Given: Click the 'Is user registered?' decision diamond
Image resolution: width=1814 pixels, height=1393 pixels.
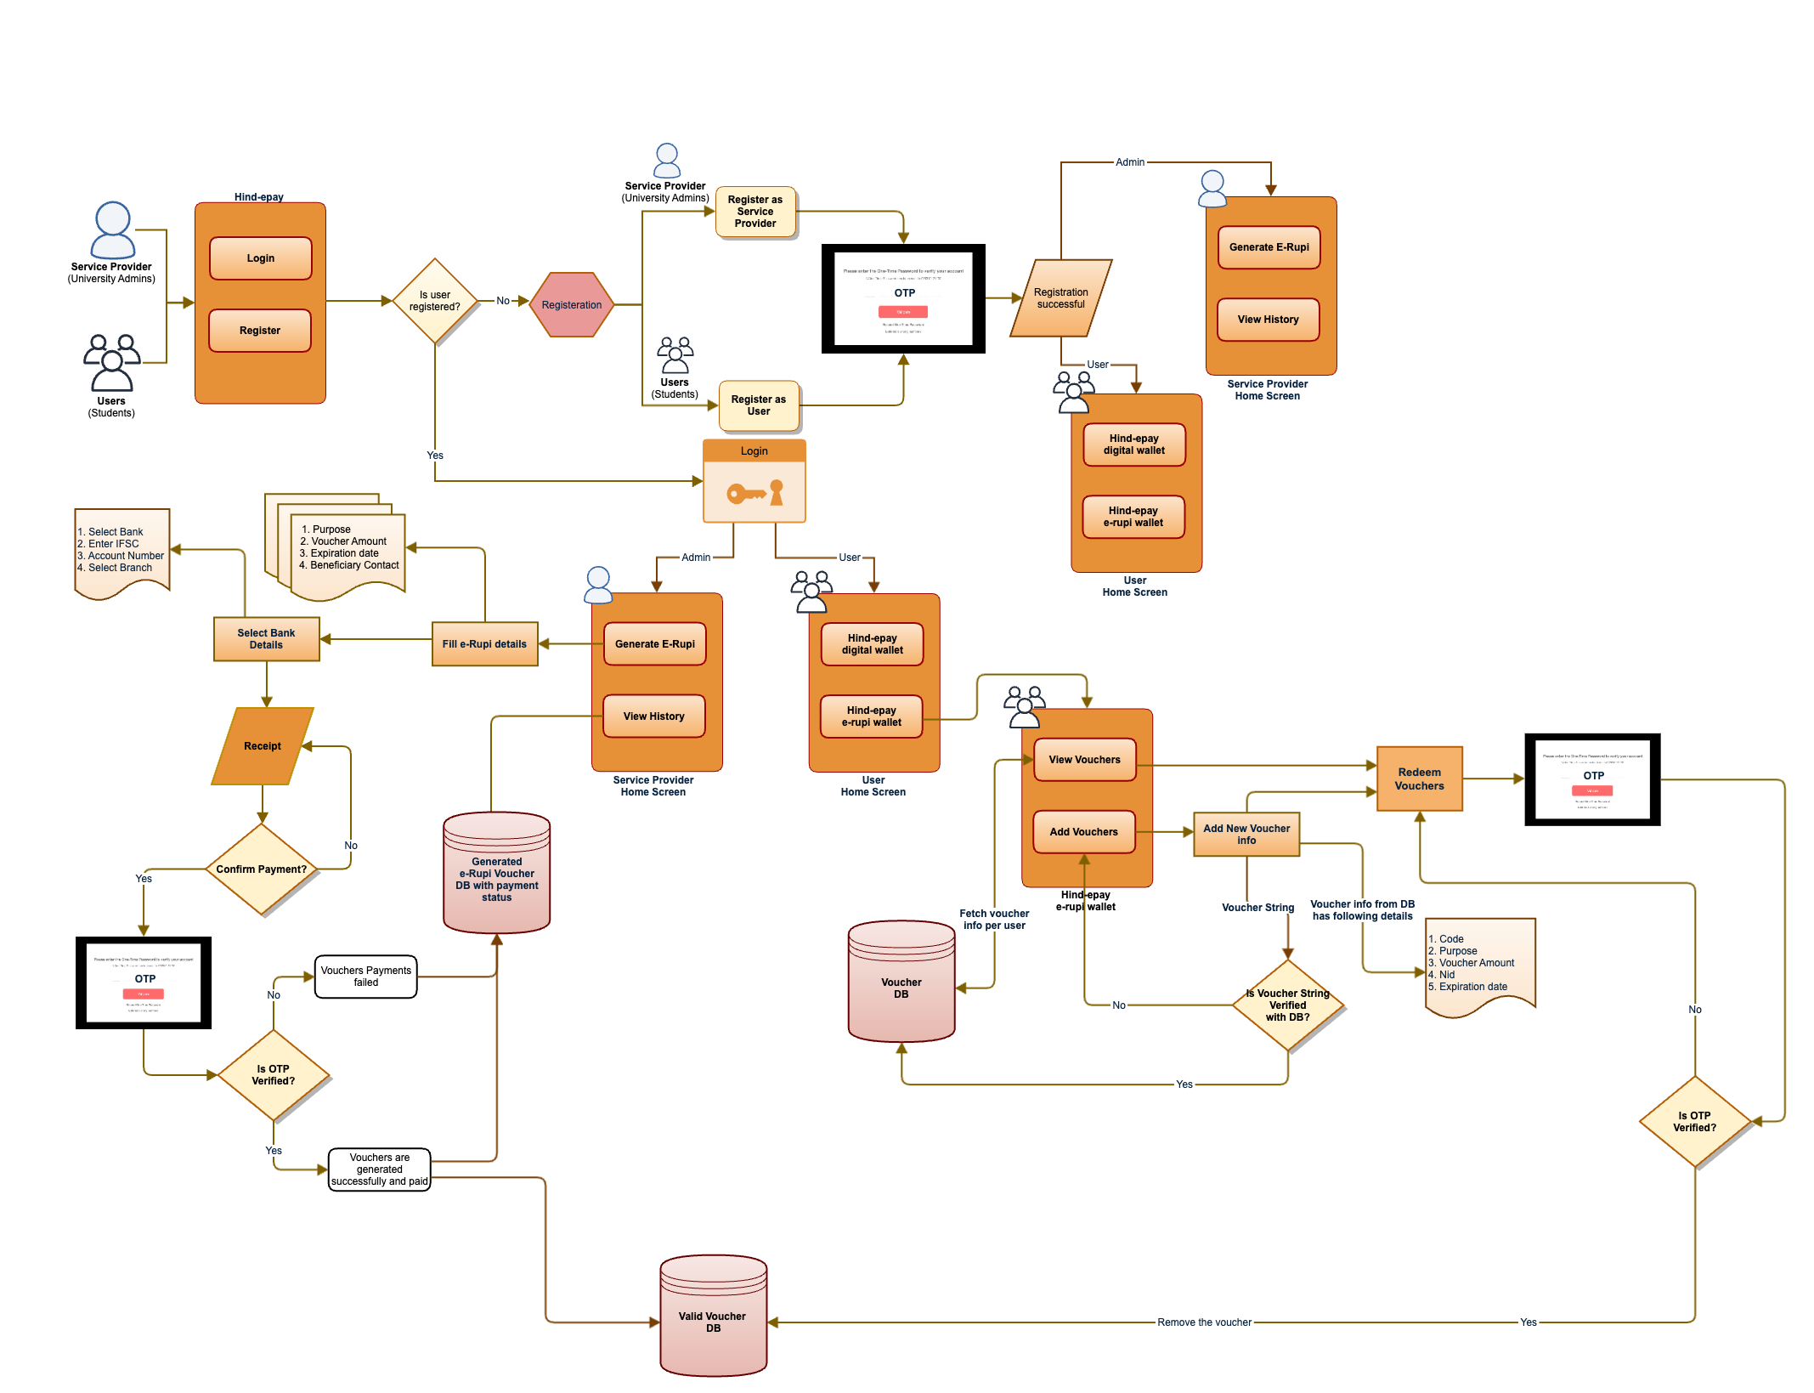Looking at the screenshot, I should (434, 301).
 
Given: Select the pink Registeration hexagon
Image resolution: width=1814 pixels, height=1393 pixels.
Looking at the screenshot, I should (571, 304).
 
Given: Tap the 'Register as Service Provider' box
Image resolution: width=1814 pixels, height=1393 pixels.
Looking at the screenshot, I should (754, 212).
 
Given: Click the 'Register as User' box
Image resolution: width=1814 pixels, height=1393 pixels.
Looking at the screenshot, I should (758, 405).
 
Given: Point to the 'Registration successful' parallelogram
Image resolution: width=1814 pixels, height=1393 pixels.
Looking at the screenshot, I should (1060, 298).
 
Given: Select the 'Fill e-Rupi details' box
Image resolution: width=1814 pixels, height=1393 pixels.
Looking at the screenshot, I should (484, 644).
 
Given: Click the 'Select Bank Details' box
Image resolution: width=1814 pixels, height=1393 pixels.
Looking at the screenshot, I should (266, 639).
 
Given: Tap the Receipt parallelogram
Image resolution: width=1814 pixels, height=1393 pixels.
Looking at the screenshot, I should (262, 746).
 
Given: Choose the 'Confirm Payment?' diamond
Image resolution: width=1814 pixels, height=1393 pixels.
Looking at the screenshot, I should (262, 869).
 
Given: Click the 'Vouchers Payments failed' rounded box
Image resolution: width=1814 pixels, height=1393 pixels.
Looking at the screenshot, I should (365, 977).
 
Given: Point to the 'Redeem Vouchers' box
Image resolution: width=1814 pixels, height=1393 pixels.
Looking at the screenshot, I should (1419, 779).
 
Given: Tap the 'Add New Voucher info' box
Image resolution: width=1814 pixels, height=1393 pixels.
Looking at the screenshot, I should (1246, 834).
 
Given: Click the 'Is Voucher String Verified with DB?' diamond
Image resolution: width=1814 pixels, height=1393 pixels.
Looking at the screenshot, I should (1287, 1005).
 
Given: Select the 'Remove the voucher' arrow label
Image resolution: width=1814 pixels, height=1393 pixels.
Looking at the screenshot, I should (1204, 1322).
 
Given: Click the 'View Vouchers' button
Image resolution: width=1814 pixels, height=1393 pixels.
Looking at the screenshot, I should (1084, 760).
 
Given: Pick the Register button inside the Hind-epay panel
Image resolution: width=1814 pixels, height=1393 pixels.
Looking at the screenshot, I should (260, 331).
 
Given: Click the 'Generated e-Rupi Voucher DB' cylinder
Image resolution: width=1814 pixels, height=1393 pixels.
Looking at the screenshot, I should (496, 875).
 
